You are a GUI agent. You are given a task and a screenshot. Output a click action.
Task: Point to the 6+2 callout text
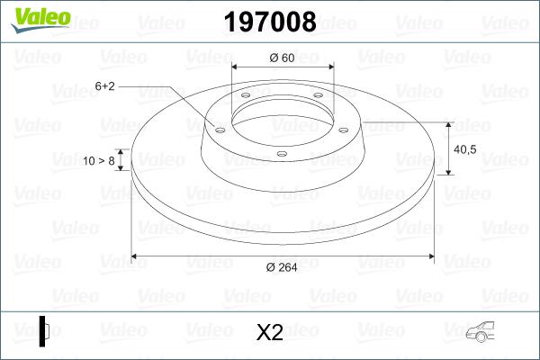(x=104, y=86)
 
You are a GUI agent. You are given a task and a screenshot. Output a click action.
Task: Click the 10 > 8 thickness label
(x=98, y=160)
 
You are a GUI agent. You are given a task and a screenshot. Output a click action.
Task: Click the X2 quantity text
(x=270, y=333)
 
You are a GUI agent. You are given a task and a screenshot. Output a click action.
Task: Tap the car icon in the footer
(x=485, y=333)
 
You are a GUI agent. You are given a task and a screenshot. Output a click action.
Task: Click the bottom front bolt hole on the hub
(x=282, y=153)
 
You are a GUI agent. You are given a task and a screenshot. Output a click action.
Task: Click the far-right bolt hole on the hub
(x=346, y=129)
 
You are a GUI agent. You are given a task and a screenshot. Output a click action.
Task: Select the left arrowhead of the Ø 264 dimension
(x=136, y=256)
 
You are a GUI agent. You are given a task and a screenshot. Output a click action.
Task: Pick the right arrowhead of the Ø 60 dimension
(x=329, y=67)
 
